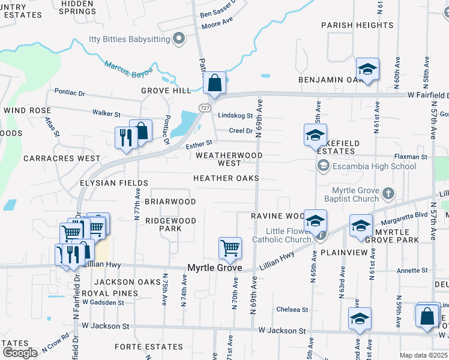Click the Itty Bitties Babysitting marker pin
click(178, 40)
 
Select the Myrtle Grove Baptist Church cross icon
click(388, 193)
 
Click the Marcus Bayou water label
click(126, 68)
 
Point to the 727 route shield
click(204, 106)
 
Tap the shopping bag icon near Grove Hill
click(214, 84)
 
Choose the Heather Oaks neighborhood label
click(226, 178)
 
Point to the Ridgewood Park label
click(171, 224)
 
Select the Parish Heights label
click(357, 25)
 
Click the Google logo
click(20, 353)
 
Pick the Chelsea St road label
click(292, 310)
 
